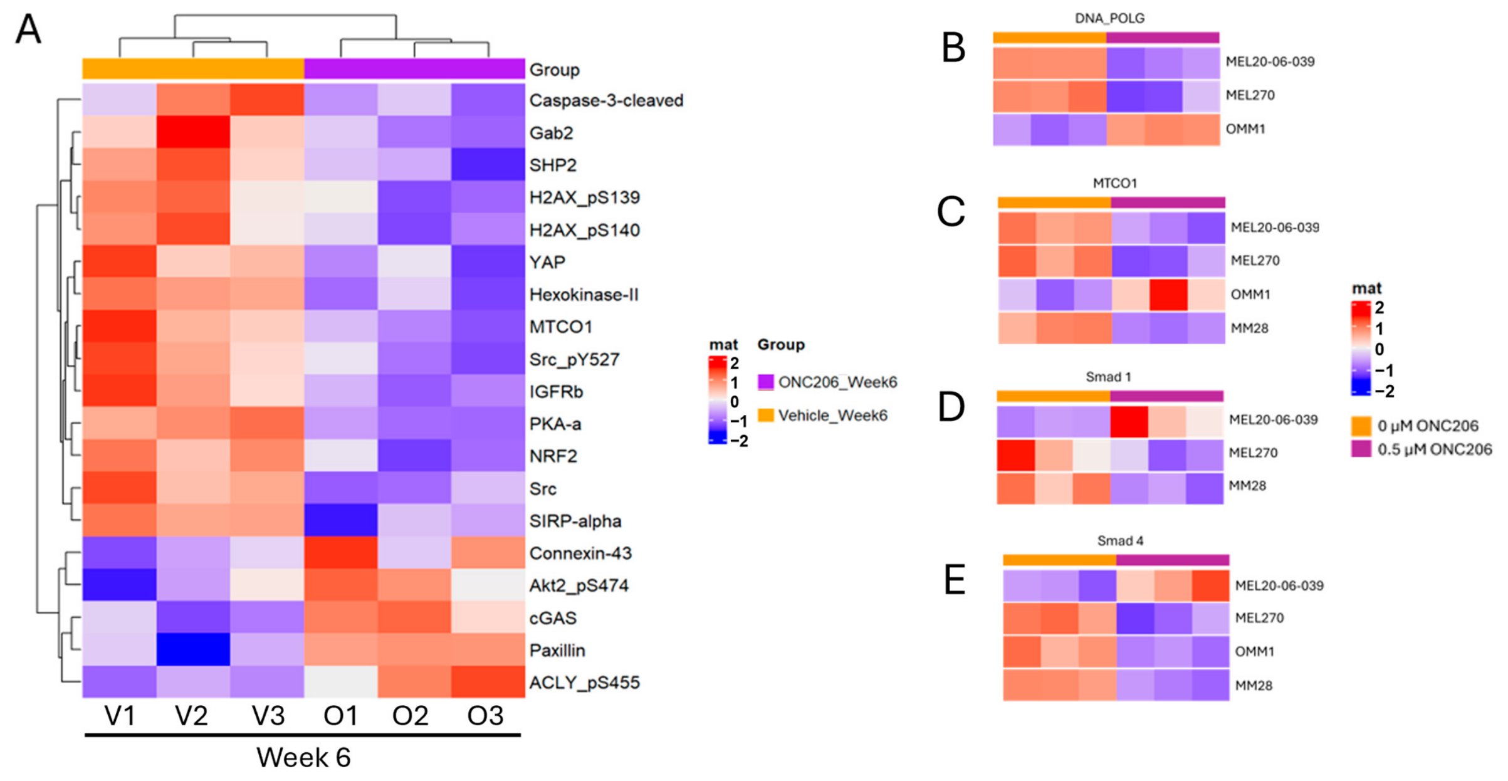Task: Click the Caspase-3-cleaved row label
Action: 605,100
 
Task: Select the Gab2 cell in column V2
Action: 193,132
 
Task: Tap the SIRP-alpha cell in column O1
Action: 340,520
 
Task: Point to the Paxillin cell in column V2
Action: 193,649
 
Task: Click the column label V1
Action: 120,715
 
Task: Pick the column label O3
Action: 485,715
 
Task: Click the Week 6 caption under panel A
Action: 303,757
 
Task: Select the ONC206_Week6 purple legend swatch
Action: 765,381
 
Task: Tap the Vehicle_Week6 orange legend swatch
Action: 765,414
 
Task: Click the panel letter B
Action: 953,48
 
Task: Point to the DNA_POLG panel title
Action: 1109,18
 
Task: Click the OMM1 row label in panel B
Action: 1245,129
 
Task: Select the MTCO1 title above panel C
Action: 1114,183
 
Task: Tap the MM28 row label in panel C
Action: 1250,328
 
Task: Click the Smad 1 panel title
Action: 1108,377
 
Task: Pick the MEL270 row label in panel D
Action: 1254,453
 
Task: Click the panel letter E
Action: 954,580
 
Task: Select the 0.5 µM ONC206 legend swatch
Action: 1361,449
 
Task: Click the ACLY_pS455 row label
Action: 584,682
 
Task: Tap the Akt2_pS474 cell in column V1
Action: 119,585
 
